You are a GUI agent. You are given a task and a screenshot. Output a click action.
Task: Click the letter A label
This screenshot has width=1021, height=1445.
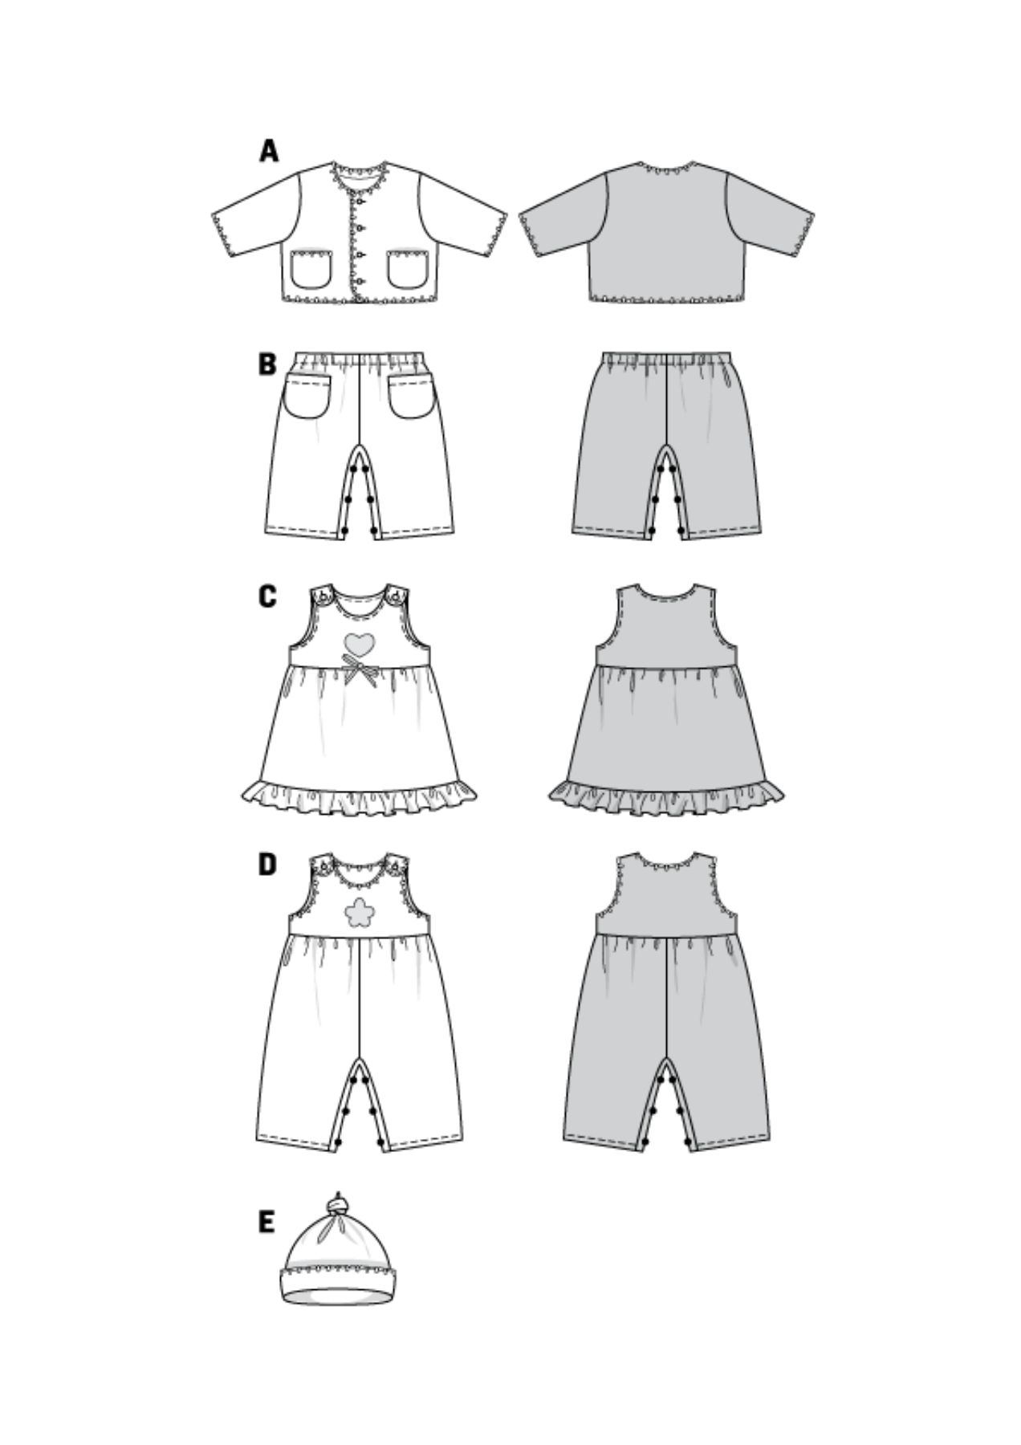(268, 151)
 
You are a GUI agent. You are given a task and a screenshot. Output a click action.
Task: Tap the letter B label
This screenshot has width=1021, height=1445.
(267, 364)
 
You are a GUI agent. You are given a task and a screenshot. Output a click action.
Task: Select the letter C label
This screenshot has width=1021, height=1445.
(267, 596)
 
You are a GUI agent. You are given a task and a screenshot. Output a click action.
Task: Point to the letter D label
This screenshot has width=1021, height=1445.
(267, 865)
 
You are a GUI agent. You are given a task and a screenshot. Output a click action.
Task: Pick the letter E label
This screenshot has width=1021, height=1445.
(266, 1223)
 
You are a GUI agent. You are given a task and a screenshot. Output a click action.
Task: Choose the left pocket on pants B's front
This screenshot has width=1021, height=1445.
(307, 395)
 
